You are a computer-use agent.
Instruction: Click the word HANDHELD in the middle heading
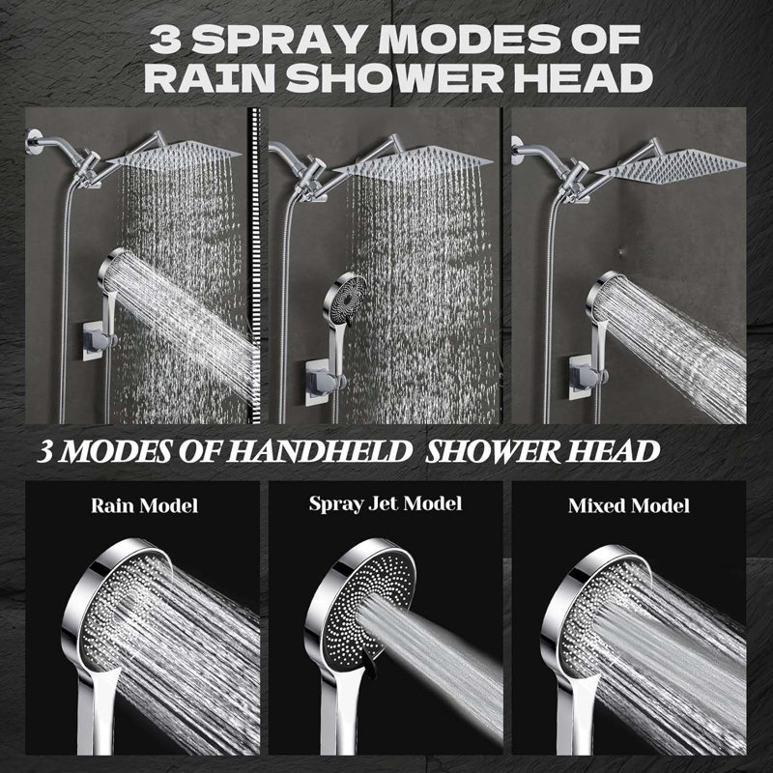tap(319, 451)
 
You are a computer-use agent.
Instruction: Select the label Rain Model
tap(144, 505)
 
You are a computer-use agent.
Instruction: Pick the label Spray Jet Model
tap(386, 503)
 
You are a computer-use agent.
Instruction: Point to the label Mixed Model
tap(629, 505)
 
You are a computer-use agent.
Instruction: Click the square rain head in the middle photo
tap(414, 160)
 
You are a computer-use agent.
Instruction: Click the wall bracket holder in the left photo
tap(99, 339)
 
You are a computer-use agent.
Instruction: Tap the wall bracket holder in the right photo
tap(587, 376)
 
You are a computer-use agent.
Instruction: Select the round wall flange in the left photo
tap(33, 141)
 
